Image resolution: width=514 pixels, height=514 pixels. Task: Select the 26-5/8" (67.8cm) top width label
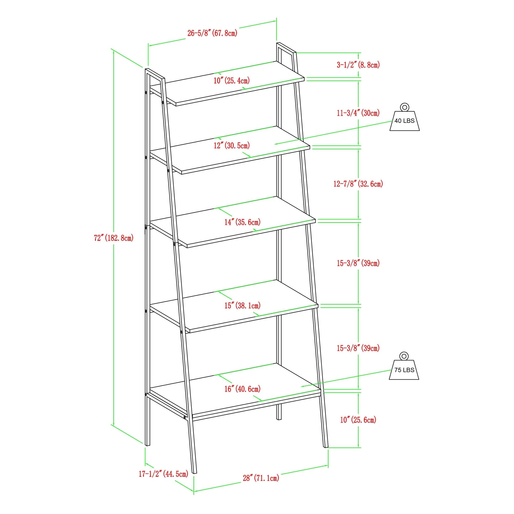(x=212, y=33)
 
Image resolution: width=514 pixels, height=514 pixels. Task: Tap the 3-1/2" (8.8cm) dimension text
(x=358, y=65)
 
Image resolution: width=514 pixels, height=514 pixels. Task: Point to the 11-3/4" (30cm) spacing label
(x=358, y=113)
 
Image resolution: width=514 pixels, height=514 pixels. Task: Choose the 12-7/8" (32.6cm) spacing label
(x=358, y=184)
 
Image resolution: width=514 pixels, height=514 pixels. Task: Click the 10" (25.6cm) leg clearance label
(x=358, y=420)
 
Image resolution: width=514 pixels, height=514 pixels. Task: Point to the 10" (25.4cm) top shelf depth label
(x=232, y=80)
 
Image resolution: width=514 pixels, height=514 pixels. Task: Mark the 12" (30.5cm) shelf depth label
(x=232, y=145)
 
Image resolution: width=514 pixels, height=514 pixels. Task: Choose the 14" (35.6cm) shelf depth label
(x=242, y=222)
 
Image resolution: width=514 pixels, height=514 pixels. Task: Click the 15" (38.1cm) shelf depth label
(x=242, y=305)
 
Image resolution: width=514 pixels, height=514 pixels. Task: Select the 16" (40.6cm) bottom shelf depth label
(x=242, y=389)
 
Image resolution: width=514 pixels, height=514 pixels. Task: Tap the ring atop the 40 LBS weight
(x=404, y=107)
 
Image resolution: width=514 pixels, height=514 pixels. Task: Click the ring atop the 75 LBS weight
(x=404, y=356)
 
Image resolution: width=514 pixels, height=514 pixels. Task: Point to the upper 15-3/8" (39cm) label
(x=358, y=263)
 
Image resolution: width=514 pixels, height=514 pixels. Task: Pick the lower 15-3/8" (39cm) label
(x=358, y=348)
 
